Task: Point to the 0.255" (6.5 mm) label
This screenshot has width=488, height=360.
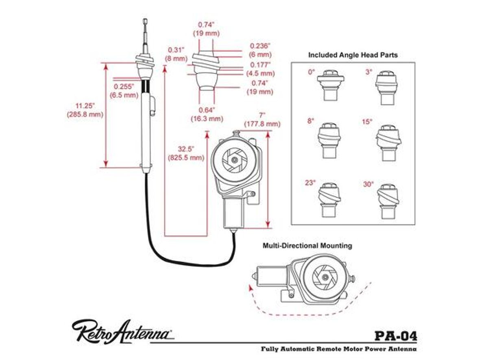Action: point(124,90)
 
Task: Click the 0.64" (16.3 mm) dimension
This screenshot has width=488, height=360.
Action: point(207,114)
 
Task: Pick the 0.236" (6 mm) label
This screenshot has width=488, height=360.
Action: point(261,50)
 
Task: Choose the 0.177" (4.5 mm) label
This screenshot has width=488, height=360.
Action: point(261,69)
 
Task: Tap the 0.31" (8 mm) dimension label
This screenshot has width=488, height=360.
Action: point(176,54)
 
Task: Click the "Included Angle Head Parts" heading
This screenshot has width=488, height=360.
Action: point(353,55)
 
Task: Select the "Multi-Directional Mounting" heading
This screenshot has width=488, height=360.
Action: point(307,246)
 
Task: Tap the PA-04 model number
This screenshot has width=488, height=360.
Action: point(395,336)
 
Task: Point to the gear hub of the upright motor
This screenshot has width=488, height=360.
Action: point(233,160)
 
